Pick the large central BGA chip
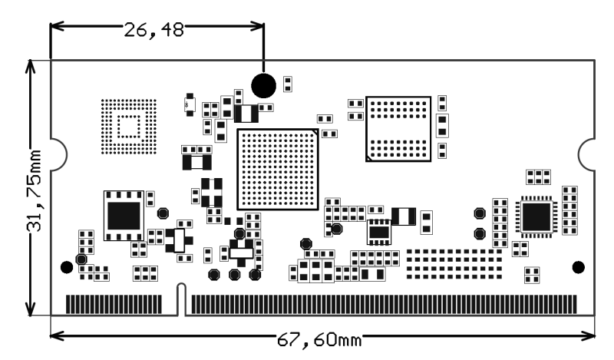[x=278, y=169]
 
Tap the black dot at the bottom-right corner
[x=579, y=267]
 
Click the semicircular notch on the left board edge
[x=55, y=151]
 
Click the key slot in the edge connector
[x=182, y=299]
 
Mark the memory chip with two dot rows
[x=398, y=128]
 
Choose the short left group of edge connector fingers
[x=114, y=304]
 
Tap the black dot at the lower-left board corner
[x=67, y=267]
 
